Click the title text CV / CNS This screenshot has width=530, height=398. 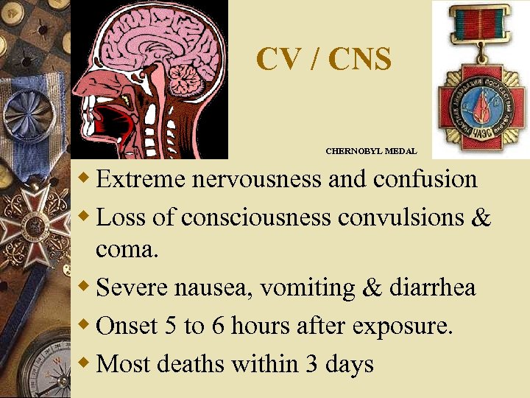pyautogui.click(x=324, y=60)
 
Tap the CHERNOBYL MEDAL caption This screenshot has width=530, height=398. pyautogui.click(x=371, y=151)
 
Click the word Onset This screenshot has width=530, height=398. pyautogui.click(x=124, y=326)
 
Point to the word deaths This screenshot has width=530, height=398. pyautogui.click(x=189, y=364)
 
